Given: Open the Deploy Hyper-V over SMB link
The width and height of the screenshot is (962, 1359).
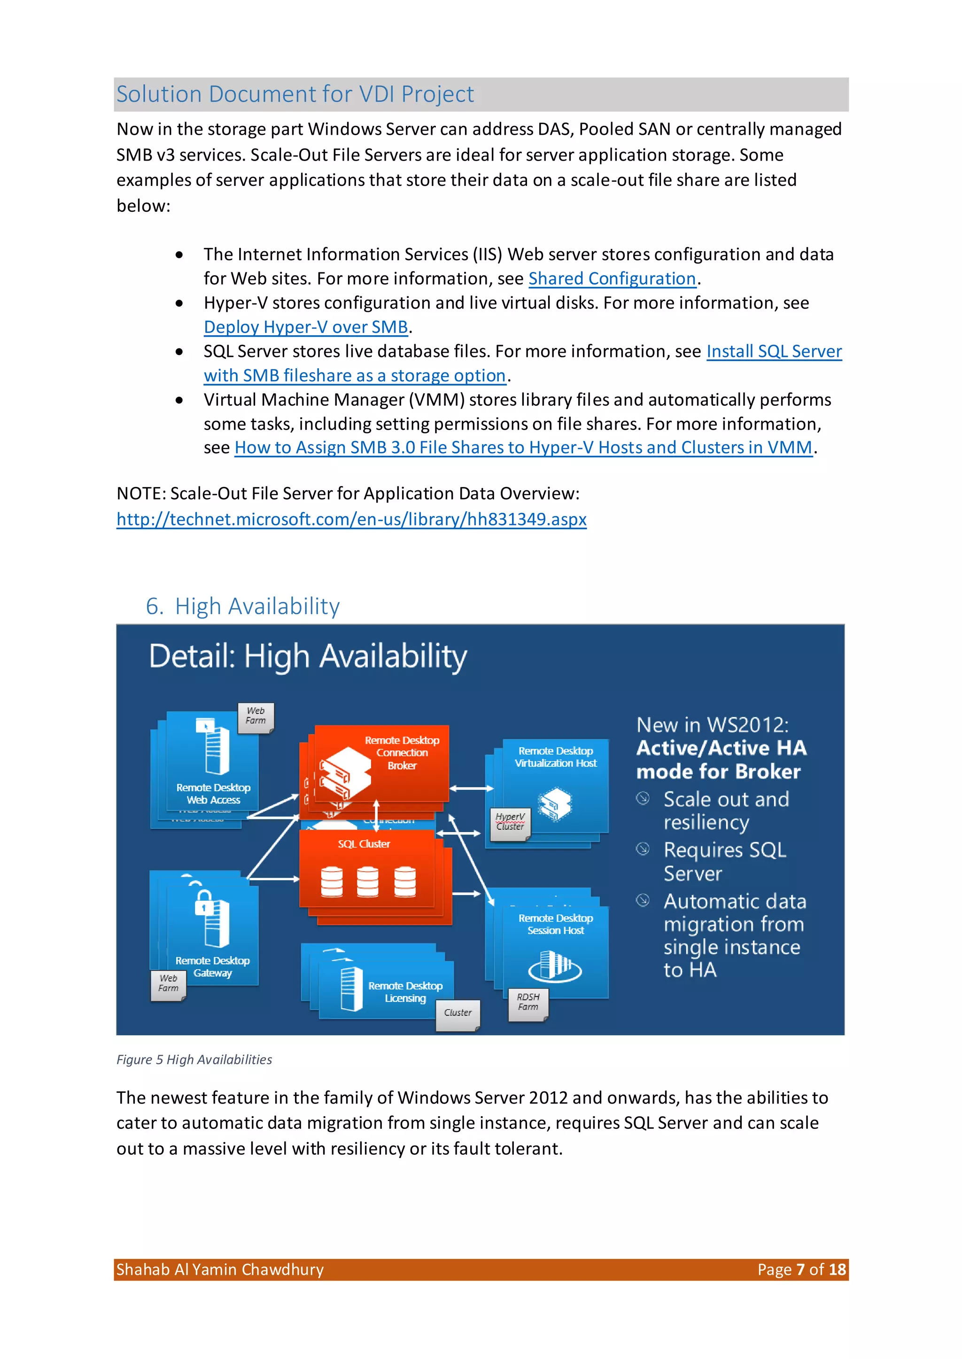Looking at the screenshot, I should coord(306,327).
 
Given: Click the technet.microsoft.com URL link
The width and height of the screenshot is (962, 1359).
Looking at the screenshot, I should coord(351,519).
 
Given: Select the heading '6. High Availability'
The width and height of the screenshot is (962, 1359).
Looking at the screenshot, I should coord(243,606).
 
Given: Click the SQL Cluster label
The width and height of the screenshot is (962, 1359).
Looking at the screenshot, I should coord(364,844).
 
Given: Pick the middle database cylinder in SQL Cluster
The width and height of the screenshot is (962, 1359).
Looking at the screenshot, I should coord(367,882).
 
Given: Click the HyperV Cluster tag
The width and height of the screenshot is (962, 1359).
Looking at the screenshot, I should coord(510,821).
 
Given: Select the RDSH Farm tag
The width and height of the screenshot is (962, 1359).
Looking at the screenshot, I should coord(528,1002).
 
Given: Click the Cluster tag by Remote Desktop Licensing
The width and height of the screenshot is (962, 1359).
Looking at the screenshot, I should coord(458,1012).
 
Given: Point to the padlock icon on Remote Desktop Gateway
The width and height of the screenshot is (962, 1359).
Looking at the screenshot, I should coord(204,903).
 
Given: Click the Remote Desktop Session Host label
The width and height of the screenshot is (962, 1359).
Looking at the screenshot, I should coord(555,924).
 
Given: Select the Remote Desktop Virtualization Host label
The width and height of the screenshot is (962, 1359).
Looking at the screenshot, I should coord(555,757).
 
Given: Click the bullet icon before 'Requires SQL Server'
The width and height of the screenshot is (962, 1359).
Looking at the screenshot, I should coord(643,849).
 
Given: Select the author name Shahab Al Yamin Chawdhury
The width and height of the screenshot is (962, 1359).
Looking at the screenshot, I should coord(220,1270).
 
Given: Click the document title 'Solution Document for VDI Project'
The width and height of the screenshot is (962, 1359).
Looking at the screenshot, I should coord(295,94).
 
